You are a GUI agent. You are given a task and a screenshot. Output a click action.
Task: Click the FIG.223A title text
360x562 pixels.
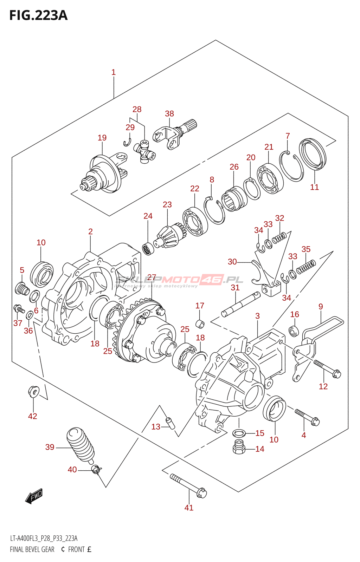click(38, 15)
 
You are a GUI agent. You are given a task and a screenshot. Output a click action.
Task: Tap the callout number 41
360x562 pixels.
click(189, 508)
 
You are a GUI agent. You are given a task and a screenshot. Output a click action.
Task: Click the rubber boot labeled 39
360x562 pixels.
click(80, 443)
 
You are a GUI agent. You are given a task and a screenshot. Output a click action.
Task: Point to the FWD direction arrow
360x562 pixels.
click(34, 496)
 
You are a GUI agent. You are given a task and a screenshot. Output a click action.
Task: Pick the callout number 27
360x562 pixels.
click(152, 277)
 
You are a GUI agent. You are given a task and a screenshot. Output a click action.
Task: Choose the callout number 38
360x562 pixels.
click(169, 113)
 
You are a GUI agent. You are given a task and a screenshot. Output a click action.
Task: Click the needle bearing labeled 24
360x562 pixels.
click(148, 248)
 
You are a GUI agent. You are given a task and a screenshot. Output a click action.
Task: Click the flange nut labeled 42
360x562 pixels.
click(33, 391)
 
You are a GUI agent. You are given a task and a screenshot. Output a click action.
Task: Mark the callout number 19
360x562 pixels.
click(102, 138)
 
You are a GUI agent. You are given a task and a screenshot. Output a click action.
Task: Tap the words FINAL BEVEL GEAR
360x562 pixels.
click(32, 549)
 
